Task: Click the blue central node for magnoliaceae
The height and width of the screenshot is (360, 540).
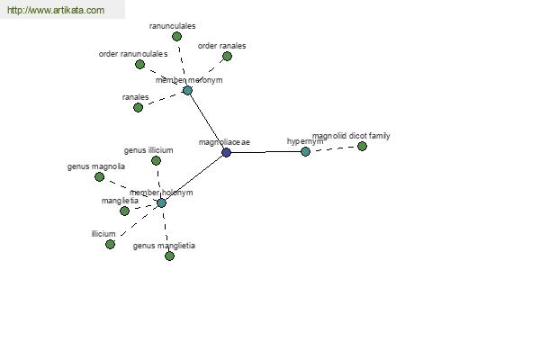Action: click(x=226, y=152)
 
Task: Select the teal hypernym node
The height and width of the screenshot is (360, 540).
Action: click(x=305, y=151)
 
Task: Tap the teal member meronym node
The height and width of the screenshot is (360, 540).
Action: click(x=187, y=91)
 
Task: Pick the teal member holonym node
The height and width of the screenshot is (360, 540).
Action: click(x=161, y=202)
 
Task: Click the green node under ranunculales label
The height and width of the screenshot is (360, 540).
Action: click(x=176, y=36)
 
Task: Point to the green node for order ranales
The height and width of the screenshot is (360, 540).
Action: click(x=227, y=56)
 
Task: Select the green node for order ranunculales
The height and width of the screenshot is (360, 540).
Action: click(x=139, y=64)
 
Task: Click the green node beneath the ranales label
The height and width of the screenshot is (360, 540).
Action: click(x=138, y=107)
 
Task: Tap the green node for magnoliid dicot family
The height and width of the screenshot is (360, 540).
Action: click(x=362, y=146)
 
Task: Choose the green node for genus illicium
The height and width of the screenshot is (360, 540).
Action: click(x=156, y=160)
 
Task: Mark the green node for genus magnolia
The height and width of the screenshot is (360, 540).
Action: click(x=99, y=176)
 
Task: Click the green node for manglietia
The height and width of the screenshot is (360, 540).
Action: click(x=125, y=211)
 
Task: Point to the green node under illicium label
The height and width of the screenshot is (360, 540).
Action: click(x=110, y=244)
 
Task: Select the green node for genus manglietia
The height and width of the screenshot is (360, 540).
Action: click(x=169, y=256)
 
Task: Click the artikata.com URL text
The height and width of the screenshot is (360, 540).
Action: click(x=56, y=10)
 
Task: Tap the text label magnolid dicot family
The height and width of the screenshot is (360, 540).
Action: click(x=351, y=136)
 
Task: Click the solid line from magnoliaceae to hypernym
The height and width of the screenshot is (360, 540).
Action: click(x=265, y=152)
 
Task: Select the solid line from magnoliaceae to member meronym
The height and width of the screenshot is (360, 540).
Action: click(x=207, y=121)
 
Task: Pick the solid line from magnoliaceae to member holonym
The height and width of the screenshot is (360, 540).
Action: click(x=193, y=178)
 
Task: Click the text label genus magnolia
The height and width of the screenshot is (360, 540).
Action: click(x=96, y=166)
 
